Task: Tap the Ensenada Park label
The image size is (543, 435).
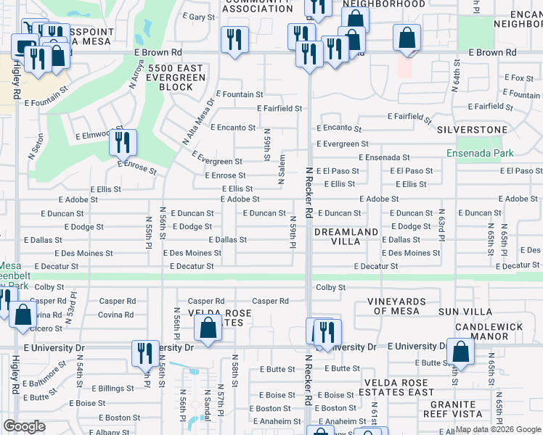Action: click(480, 153)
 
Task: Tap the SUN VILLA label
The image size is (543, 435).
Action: click(463, 311)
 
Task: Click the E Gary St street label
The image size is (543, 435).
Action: click(199, 16)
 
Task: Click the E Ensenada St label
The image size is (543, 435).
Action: click(383, 157)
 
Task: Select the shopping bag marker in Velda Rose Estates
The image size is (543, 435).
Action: click(208, 327)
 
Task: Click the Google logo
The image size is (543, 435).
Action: click(25, 426)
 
